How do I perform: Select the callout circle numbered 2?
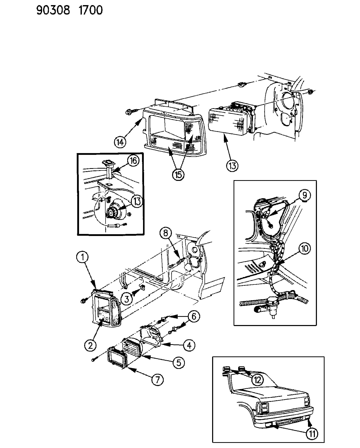(x=90, y=345)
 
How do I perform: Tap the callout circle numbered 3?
(x=127, y=298)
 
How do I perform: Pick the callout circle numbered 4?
(x=189, y=345)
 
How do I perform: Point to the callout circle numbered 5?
(x=178, y=362)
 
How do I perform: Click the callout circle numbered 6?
(x=194, y=316)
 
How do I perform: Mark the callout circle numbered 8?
(x=166, y=233)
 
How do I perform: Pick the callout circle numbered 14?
(x=120, y=142)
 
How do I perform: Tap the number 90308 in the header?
(x=53, y=10)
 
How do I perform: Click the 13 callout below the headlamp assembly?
(x=232, y=166)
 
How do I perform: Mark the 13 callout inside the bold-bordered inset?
(x=137, y=201)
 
